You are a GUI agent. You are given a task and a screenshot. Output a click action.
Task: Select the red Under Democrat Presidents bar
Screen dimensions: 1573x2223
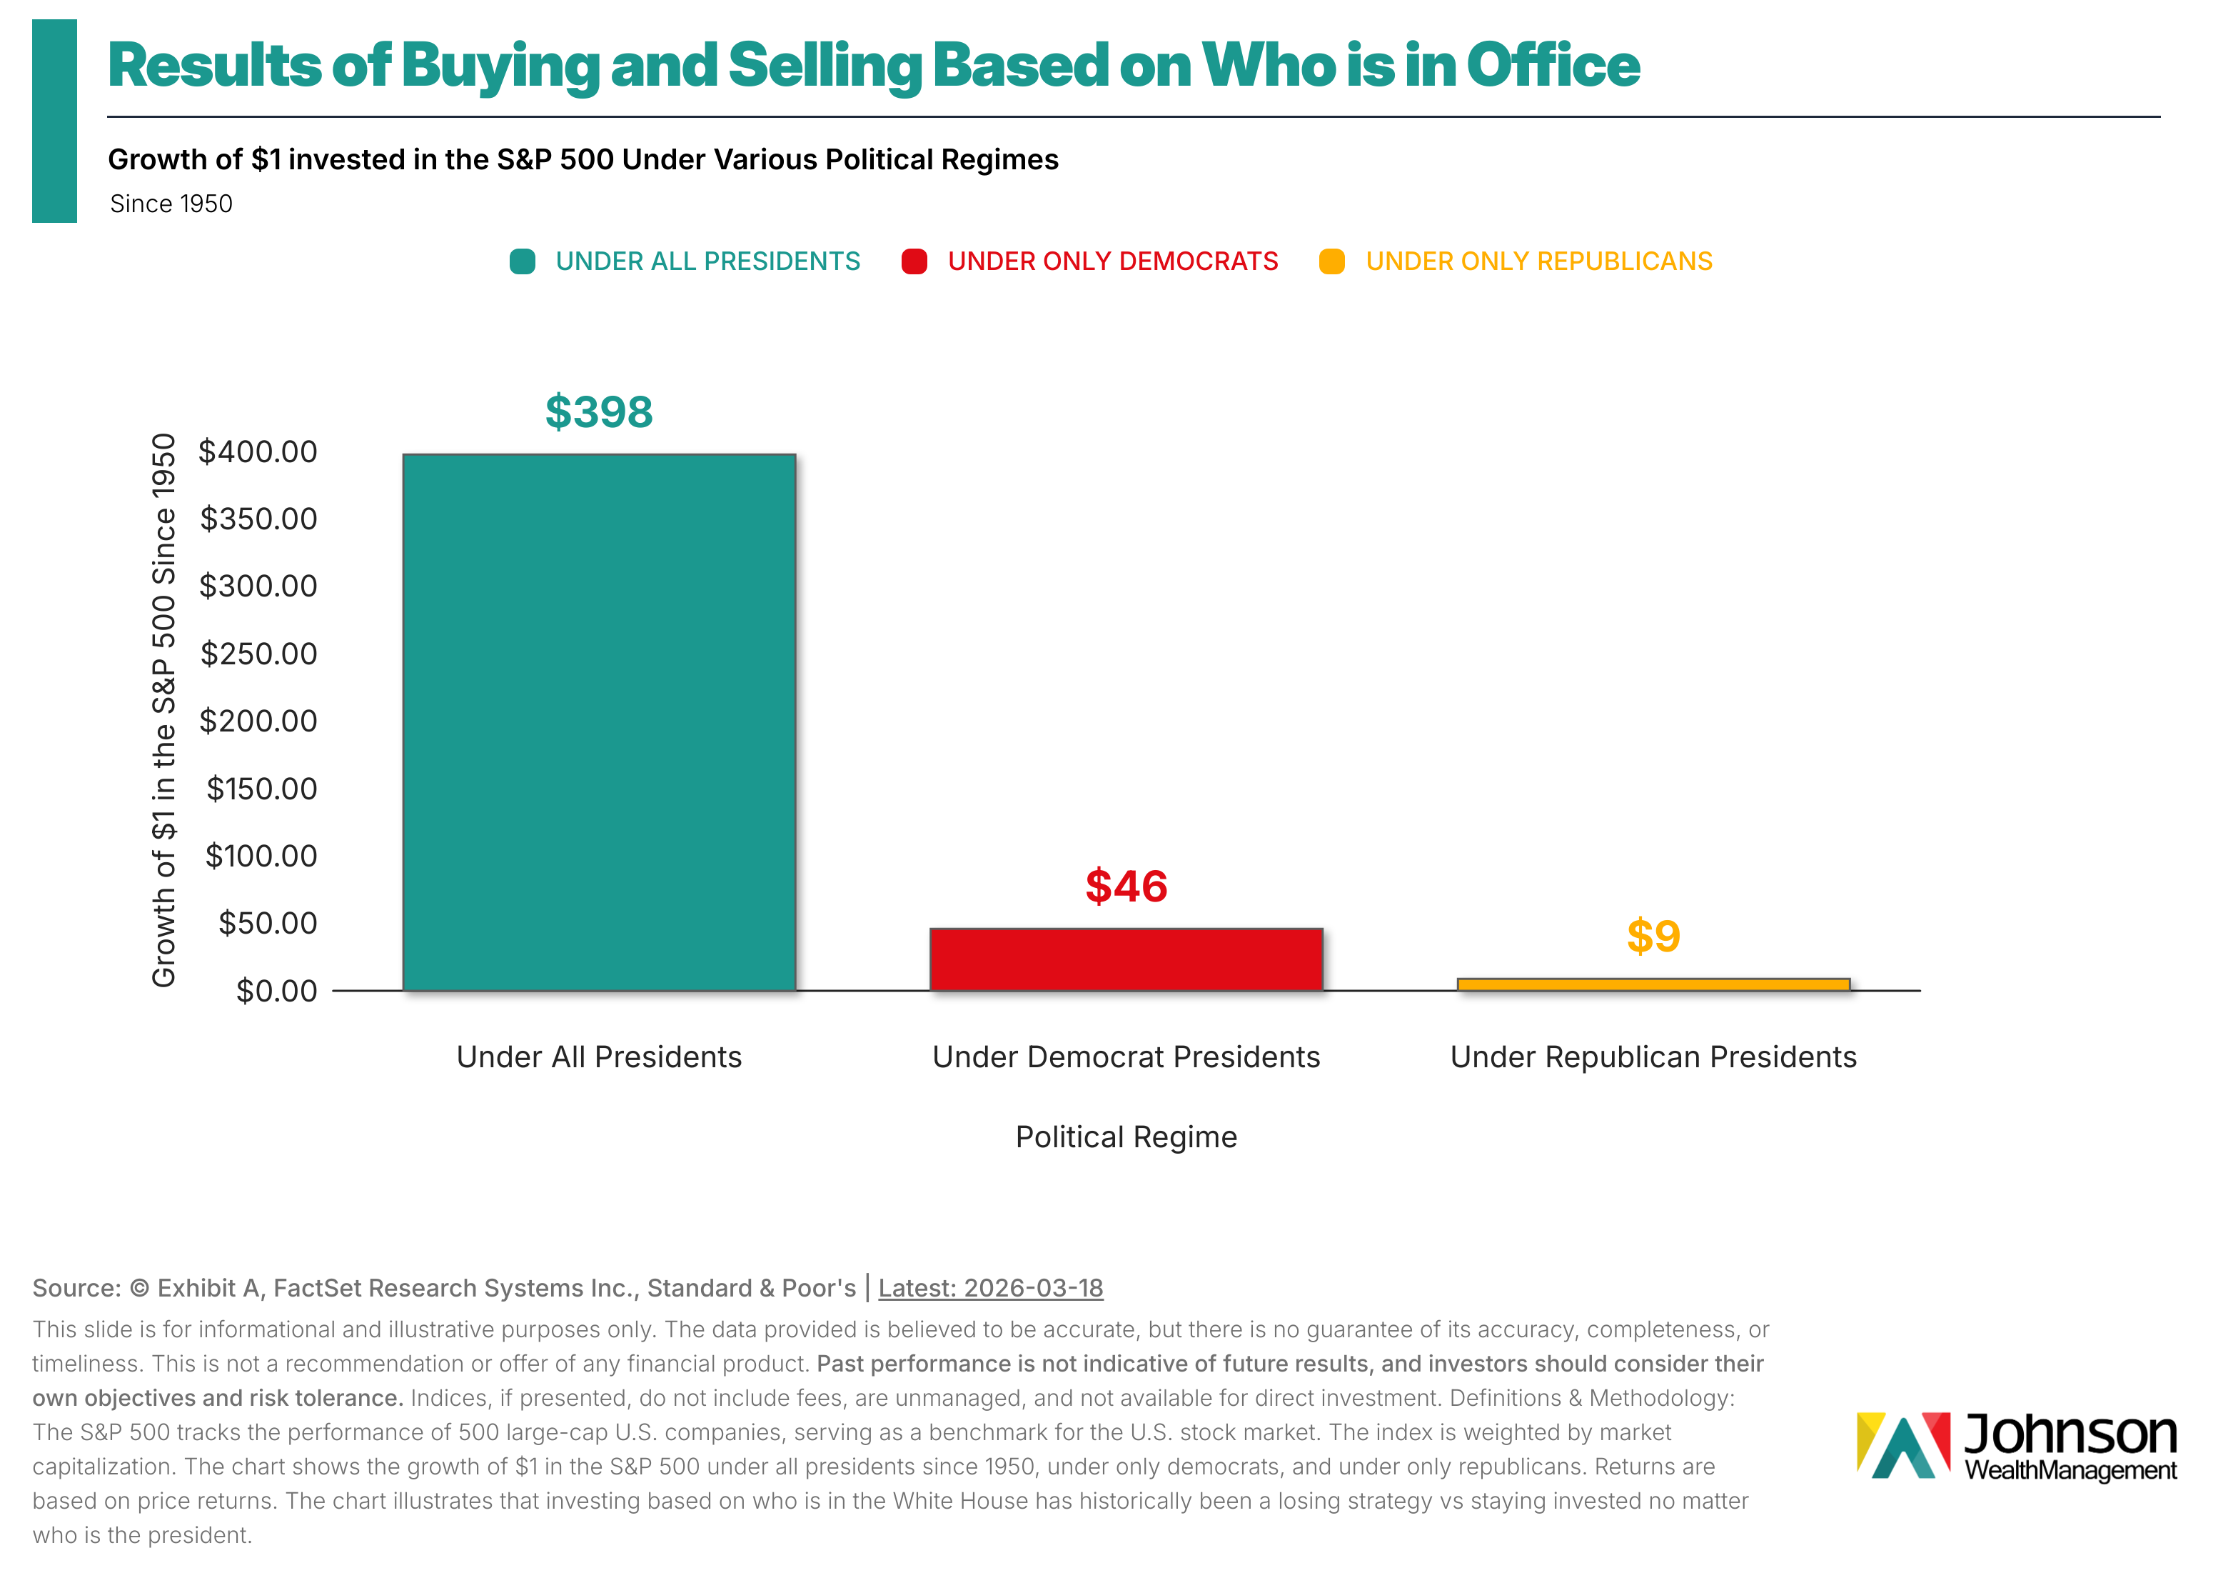(1125, 959)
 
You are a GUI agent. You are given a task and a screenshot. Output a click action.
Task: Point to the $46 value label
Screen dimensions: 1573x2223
(1125, 887)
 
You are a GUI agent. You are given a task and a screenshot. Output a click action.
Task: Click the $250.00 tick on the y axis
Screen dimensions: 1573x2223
(258, 654)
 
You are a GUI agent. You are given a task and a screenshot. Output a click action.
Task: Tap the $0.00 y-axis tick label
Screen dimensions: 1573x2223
(276, 991)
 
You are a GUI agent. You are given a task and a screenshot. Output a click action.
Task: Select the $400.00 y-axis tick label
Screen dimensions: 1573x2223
(258, 451)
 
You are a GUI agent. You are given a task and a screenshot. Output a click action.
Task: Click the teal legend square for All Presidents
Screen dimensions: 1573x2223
(522, 261)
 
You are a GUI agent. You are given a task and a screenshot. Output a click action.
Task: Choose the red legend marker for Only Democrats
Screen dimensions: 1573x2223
(914, 261)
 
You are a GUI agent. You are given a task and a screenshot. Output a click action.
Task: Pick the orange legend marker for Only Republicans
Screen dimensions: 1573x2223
(1331, 261)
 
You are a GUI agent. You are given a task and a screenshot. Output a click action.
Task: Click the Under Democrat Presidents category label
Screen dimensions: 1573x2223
(1125, 1057)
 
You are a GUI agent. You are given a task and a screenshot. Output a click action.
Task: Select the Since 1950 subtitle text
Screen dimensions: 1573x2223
(171, 204)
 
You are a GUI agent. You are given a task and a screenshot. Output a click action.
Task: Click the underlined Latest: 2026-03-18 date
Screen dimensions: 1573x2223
(989, 1287)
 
